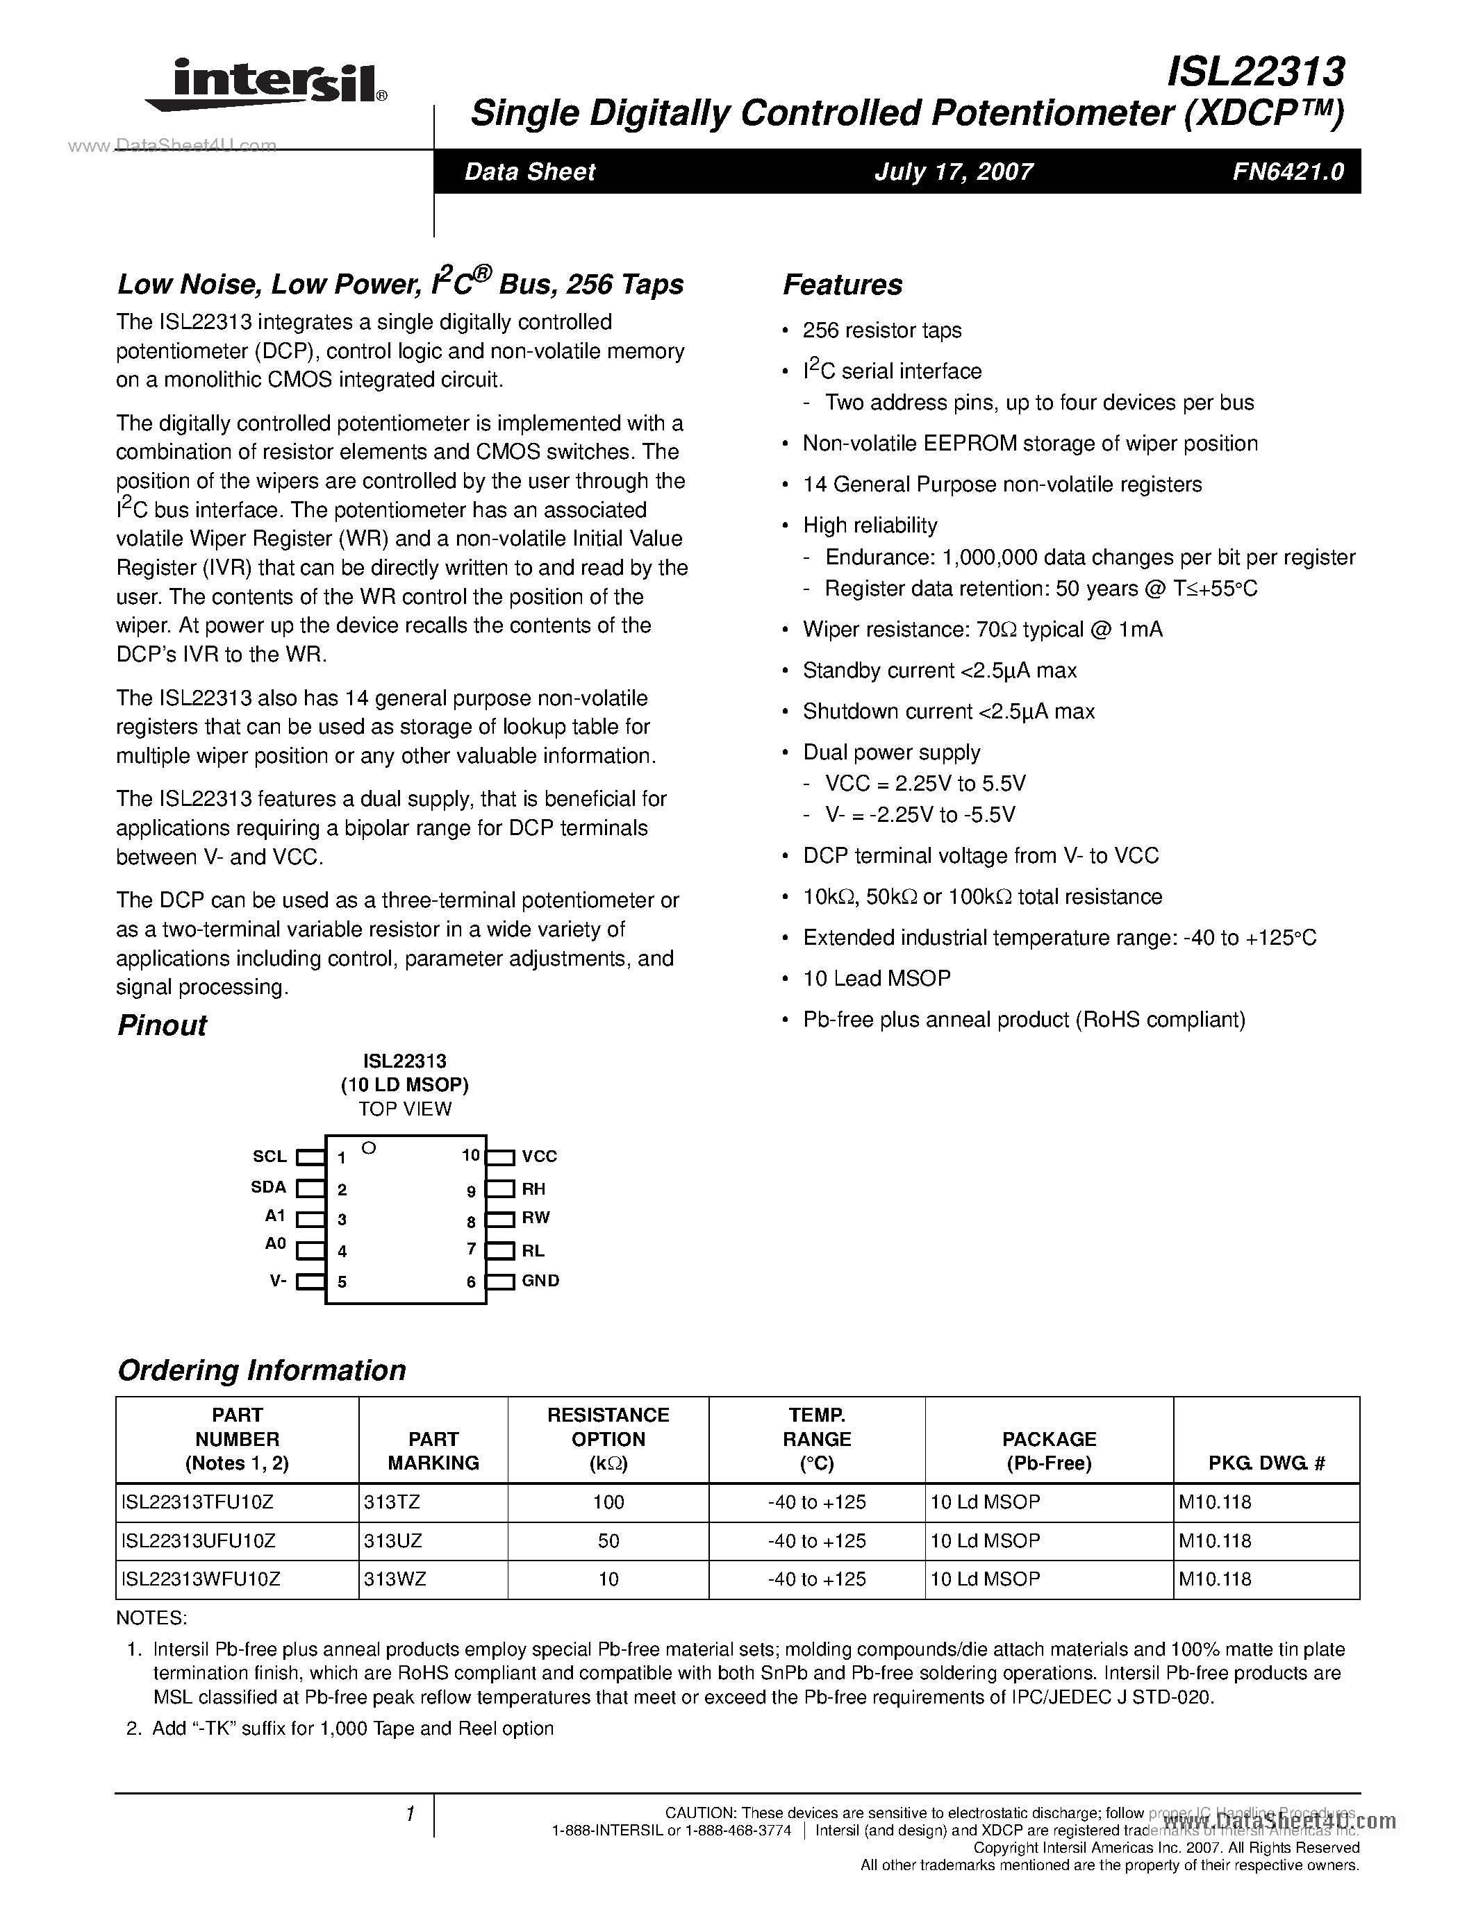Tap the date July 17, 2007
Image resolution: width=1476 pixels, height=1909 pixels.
[x=953, y=171]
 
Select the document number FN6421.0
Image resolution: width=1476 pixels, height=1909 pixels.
[x=1288, y=171]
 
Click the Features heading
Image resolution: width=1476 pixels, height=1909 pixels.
[x=842, y=285]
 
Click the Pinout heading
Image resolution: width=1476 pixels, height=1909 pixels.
[x=162, y=1025]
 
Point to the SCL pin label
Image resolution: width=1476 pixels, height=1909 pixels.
[x=270, y=1157]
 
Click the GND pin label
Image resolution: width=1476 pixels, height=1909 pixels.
[x=540, y=1281]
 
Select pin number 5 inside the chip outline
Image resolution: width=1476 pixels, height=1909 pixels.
[x=342, y=1282]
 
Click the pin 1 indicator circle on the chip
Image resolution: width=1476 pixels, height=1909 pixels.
[x=369, y=1147]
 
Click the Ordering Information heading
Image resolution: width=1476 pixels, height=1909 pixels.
[x=261, y=1370]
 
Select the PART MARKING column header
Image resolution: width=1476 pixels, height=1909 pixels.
[x=433, y=1450]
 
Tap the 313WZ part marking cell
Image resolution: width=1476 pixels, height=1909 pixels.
[x=395, y=1579]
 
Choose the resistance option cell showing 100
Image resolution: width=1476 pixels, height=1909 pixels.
[x=608, y=1502]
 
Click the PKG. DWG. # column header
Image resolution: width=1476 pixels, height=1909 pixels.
[x=1266, y=1463]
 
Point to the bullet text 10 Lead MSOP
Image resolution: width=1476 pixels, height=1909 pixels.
[x=876, y=978]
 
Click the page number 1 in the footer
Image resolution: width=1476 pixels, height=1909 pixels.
[x=409, y=1814]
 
